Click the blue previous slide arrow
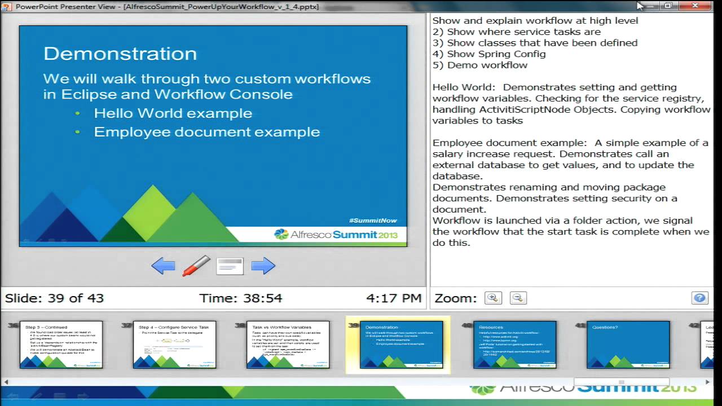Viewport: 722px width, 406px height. [x=163, y=266]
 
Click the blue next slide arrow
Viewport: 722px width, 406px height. [x=263, y=266]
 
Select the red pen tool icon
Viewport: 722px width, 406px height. [x=196, y=266]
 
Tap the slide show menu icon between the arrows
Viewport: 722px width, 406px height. [x=230, y=266]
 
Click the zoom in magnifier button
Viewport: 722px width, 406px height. [x=493, y=298]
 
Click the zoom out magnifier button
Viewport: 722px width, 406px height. [x=518, y=298]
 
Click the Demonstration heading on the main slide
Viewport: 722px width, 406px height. [x=120, y=54]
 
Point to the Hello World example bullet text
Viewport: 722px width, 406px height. [x=173, y=113]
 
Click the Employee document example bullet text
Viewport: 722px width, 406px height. [x=206, y=132]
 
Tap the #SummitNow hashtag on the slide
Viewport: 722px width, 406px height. [x=373, y=220]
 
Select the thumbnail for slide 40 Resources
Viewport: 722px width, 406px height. [x=514, y=345]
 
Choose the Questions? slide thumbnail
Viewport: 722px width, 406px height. [x=628, y=345]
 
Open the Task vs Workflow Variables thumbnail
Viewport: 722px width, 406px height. [x=288, y=345]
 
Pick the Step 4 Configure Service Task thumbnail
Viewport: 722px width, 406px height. [x=174, y=345]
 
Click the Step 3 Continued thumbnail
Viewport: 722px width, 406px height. [x=61, y=345]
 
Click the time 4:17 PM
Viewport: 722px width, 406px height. [x=394, y=298]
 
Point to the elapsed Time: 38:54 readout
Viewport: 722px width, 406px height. [x=240, y=298]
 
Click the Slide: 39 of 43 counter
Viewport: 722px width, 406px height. [x=54, y=298]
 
